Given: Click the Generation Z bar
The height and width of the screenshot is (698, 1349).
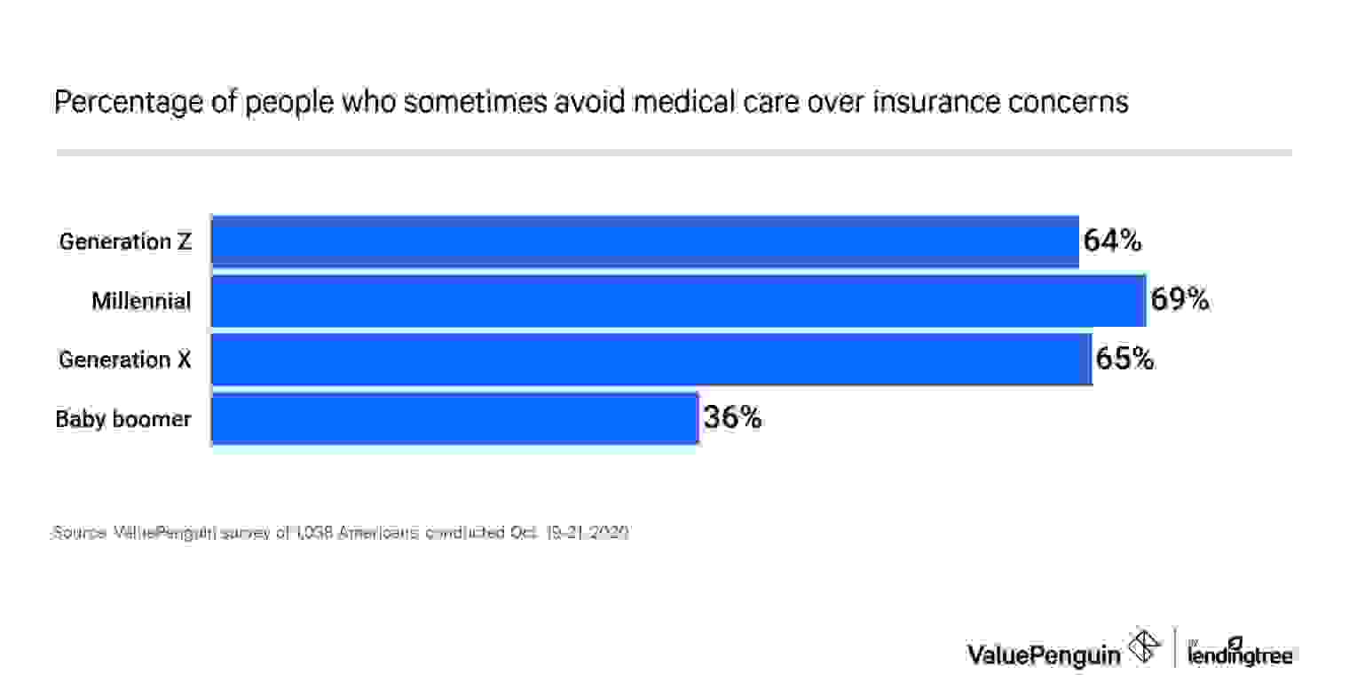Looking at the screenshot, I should pos(644,241).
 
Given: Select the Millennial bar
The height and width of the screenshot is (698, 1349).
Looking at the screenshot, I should pos(678,300).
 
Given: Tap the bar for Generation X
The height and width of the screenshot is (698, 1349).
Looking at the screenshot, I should pos(651,360).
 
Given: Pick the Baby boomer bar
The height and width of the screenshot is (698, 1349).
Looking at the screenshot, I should pos(454,418).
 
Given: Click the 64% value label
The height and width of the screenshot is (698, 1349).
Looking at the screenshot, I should pos(1112,241).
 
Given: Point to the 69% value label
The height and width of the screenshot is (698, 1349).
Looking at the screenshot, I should pos(1179,300).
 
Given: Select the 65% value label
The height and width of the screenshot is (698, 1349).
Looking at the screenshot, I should pos(1124,360).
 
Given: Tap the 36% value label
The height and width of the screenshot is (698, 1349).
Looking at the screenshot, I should pos(732,418).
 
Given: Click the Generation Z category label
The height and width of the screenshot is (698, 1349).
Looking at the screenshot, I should pos(125,242).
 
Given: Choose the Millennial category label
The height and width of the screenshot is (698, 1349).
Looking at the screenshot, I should pos(141,301).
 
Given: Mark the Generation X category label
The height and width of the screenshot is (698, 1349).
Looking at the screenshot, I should pos(125,360).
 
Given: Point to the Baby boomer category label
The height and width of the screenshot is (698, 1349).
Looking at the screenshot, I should pos(123,419).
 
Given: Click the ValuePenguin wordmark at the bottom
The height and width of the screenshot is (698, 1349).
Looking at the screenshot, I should pos(1043,654).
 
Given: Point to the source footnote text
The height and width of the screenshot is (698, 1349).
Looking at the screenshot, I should pos(340,533).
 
